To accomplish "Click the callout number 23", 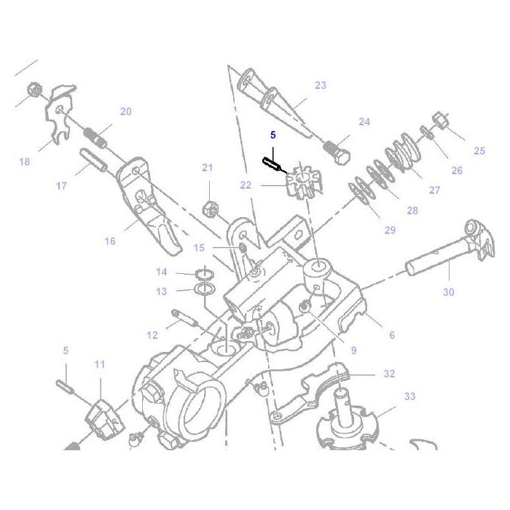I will (321, 85).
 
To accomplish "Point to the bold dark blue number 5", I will (273, 135).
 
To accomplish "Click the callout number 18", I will (25, 162).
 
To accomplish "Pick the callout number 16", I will (109, 241).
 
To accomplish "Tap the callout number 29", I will (390, 230).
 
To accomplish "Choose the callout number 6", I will (392, 335).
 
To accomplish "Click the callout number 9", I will (353, 350).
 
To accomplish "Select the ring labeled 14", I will (205, 274).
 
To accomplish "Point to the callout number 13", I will (162, 291).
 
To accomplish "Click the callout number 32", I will (389, 374).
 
